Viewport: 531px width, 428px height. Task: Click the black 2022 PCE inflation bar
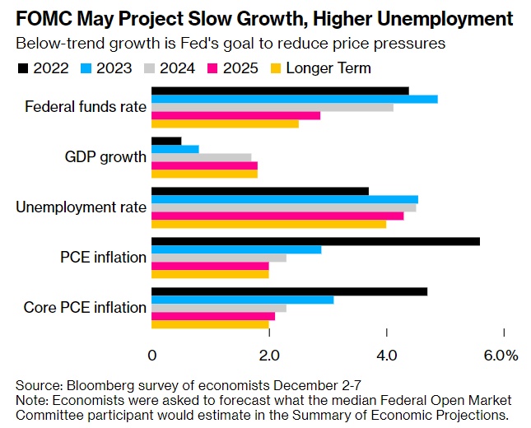(x=315, y=240)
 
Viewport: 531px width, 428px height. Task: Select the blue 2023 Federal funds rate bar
(x=294, y=99)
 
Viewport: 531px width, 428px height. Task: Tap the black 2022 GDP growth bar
(x=166, y=141)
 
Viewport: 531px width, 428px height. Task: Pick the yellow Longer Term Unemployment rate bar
(x=268, y=224)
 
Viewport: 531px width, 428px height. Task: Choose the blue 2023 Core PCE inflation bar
(x=242, y=300)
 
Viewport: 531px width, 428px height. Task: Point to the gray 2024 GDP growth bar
(x=201, y=157)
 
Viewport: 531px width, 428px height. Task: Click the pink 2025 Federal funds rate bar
(x=235, y=115)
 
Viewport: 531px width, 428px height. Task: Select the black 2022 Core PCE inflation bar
(x=289, y=291)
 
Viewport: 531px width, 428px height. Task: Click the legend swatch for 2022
(x=22, y=68)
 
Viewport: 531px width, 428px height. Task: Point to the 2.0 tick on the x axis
(x=269, y=355)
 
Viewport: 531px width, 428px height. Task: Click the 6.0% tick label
(x=501, y=355)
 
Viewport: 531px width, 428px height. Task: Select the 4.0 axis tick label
(x=386, y=355)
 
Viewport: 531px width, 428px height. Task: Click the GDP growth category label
(x=105, y=157)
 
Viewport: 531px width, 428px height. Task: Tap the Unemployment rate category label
(x=81, y=207)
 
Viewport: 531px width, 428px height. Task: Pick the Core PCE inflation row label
(x=85, y=308)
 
